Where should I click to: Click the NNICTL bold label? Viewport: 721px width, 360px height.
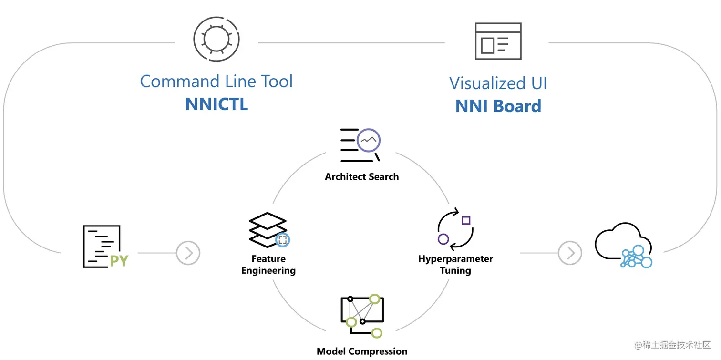click(x=216, y=104)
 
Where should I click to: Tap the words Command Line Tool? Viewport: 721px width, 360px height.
click(x=216, y=82)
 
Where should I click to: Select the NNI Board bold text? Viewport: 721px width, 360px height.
click(x=498, y=106)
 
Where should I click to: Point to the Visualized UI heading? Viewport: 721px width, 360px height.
click(x=498, y=83)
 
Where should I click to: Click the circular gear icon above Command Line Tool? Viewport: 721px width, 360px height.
click(x=216, y=39)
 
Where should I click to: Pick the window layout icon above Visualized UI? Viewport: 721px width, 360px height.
click(x=498, y=41)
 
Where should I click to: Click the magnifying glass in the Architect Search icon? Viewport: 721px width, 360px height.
click(x=369, y=141)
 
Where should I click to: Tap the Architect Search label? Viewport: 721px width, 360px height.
click(x=361, y=177)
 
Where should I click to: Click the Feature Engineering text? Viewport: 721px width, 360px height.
click(x=268, y=265)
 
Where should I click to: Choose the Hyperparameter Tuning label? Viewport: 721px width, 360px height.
click(x=455, y=265)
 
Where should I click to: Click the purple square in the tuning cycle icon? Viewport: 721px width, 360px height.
click(x=466, y=220)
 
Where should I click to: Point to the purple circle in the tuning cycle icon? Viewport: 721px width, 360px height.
click(x=443, y=239)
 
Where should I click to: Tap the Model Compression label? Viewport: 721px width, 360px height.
click(x=362, y=351)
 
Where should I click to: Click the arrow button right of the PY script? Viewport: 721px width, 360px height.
click(x=188, y=253)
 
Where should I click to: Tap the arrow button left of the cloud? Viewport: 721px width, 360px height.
click(x=570, y=253)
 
